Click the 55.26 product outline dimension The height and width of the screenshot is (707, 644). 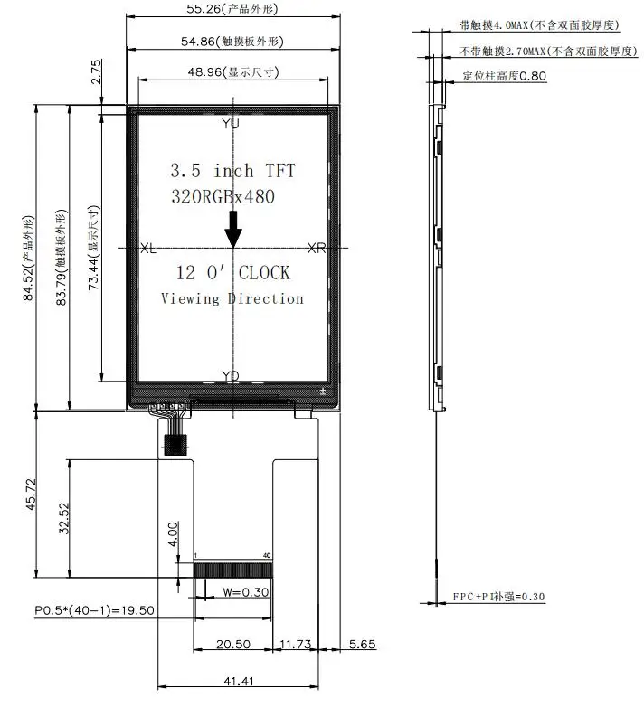click(x=232, y=8)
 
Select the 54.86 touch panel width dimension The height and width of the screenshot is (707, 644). click(x=232, y=42)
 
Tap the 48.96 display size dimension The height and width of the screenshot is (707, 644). click(x=233, y=71)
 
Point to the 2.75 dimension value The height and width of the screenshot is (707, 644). click(x=97, y=71)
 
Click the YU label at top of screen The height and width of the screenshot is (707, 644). click(x=231, y=123)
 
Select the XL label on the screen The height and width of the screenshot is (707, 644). click(x=148, y=248)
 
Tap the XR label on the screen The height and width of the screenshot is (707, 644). click(x=317, y=248)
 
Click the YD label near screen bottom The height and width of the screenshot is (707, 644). click(x=231, y=375)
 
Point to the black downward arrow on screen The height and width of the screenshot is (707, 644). click(x=233, y=230)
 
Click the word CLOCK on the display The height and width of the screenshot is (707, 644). click(x=264, y=273)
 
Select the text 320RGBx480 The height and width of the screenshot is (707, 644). click(x=223, y=196)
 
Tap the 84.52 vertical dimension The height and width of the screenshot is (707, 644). click(x=28, y=258)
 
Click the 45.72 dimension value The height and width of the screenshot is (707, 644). click(x=31, y=495)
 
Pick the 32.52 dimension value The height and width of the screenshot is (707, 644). click(x=64, y=519)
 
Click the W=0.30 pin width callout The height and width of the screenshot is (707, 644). click(x=246, y=592)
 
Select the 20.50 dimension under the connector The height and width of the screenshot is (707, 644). click(x=233, y=644)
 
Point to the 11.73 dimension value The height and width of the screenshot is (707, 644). click(x=296, y=644)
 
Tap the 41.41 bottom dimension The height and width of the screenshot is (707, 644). click(x=239, y=681)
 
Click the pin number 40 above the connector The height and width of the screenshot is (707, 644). click(x=267, y=555)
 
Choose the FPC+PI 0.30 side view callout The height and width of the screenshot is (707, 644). click(x=498, y=597)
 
